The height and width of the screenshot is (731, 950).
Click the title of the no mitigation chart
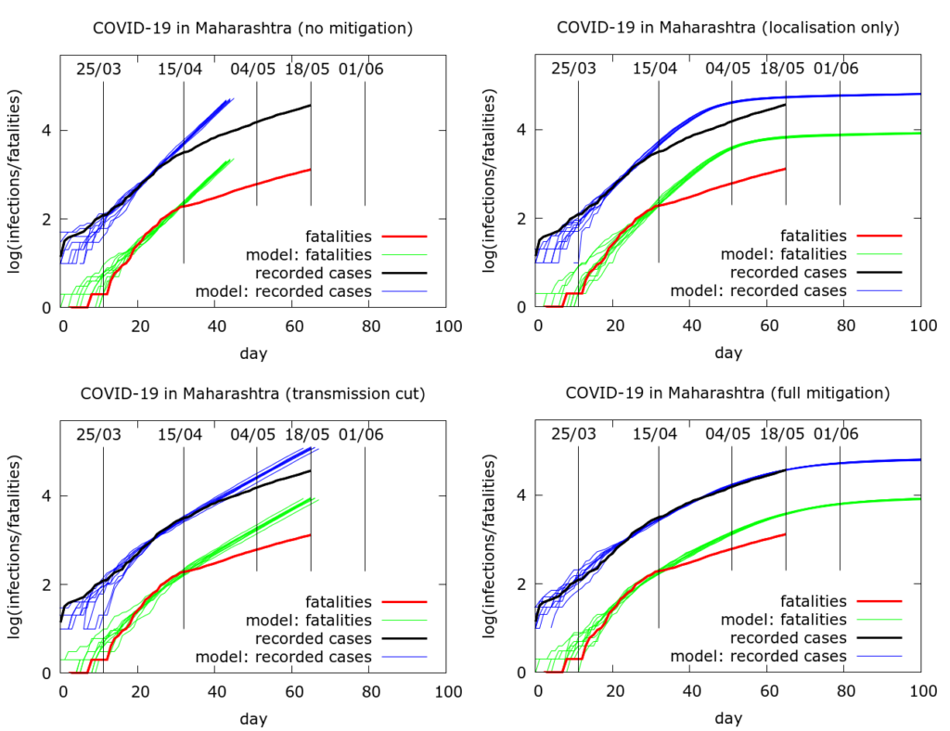pos(252,28)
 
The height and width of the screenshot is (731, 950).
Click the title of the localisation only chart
pos(727,28)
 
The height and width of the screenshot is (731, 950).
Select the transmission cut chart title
pos(252,393)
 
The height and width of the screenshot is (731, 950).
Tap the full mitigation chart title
pos(727,393)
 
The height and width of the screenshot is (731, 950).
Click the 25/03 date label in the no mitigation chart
pos(98,69)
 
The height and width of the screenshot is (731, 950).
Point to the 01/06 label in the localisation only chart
pos(837,69)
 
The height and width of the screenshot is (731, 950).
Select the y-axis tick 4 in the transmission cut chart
pos(45,495)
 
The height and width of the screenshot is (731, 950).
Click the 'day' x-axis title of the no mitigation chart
pos(252,353)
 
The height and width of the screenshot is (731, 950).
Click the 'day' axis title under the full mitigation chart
pos(727,718)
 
